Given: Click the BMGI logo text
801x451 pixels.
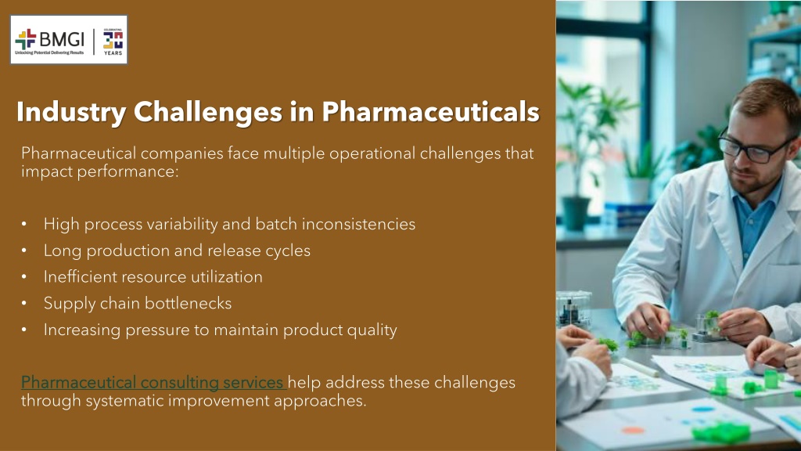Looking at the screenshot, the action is click(x=61, y=39).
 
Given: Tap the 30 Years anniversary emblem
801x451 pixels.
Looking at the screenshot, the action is click(x=113, y=41).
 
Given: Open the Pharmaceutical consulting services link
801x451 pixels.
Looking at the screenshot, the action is click(x=153, y=382).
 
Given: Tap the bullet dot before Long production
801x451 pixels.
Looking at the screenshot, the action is click(x=24, y=251).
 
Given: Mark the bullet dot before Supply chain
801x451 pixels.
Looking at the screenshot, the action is click(x=24, y=303).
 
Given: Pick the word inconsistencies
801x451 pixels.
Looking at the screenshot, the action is click(x=358, y=224).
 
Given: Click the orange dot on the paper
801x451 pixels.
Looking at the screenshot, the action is click(x=634, y=431).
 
